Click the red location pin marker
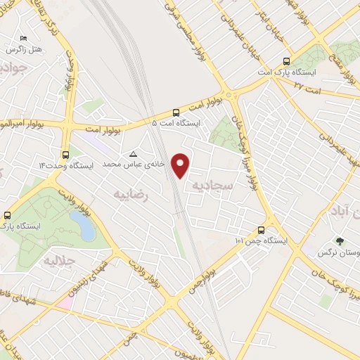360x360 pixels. pos(181,164)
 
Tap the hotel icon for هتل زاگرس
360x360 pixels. pos(23,39)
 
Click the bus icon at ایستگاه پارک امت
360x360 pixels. pos(285,61)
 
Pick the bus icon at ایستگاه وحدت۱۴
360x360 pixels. pos(65,155)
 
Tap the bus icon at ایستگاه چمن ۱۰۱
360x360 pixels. pos(262,229)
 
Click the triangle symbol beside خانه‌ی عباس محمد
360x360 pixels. pos(134,153)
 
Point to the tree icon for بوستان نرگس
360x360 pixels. pos(340,240)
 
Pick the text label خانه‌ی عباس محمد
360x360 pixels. pos(134,163)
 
